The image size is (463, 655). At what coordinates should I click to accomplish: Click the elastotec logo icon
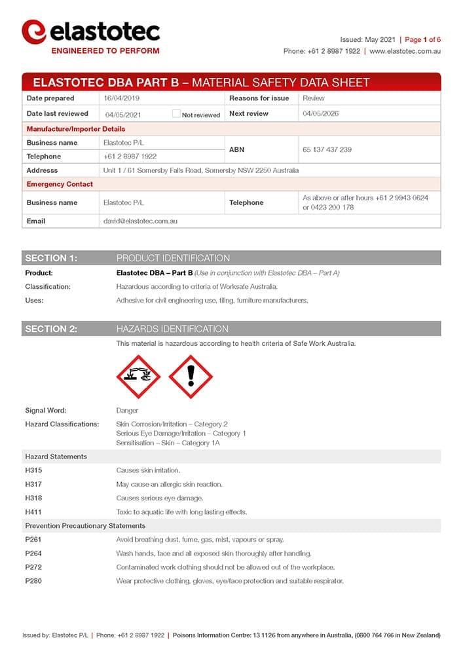[34, 31]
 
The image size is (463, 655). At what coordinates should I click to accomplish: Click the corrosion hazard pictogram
[138, 377]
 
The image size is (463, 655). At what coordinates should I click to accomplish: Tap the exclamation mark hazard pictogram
[191, 377]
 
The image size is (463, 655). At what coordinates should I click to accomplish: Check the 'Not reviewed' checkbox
[176, 113]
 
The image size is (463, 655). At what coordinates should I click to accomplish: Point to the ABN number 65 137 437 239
[327, 150]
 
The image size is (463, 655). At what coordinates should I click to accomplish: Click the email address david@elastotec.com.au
[140, 221]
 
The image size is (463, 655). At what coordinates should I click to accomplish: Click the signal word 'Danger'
[127, 411]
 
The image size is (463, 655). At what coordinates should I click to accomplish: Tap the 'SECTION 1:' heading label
[51, 258]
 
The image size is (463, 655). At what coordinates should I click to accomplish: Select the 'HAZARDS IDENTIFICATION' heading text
[172, 329]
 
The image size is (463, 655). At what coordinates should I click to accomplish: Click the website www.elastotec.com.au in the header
[405, 51]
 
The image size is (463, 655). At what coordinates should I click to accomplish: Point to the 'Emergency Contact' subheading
[60, 184]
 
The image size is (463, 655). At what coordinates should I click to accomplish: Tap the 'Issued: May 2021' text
[368, 39]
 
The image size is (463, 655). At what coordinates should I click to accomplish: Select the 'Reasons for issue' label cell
[259, 98]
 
